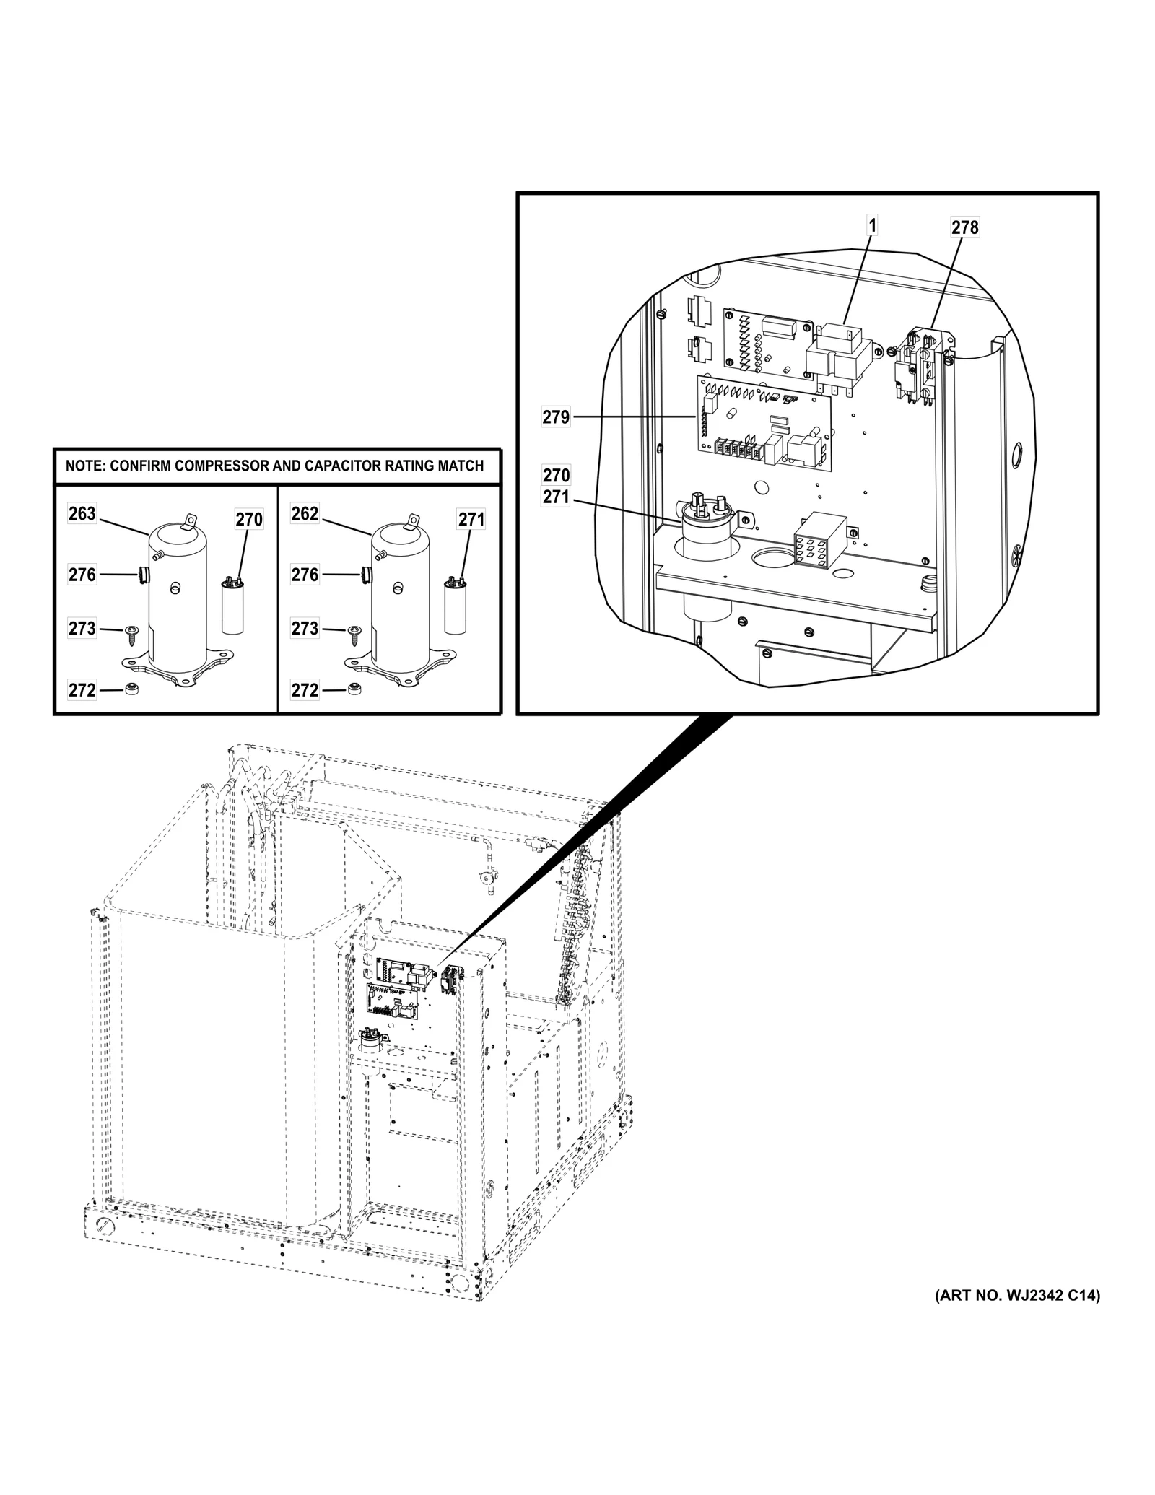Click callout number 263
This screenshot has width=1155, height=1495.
[82, 514]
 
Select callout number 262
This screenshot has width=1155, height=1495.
[305, 514]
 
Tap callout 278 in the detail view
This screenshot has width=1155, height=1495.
[964, 227]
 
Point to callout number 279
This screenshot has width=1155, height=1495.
[556, 417]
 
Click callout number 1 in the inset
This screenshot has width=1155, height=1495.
[872, 226]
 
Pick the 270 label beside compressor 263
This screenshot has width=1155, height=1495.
[249, 520]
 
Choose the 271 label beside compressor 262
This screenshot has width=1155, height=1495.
[471, 520]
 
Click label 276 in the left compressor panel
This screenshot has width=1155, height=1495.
[82, 575]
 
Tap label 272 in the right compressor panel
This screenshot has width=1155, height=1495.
[305, 690]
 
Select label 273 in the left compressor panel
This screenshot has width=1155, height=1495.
[82, 629]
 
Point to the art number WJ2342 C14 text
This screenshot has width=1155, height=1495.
[1018, 1316]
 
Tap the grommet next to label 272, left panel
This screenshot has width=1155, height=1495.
[131, 689]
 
